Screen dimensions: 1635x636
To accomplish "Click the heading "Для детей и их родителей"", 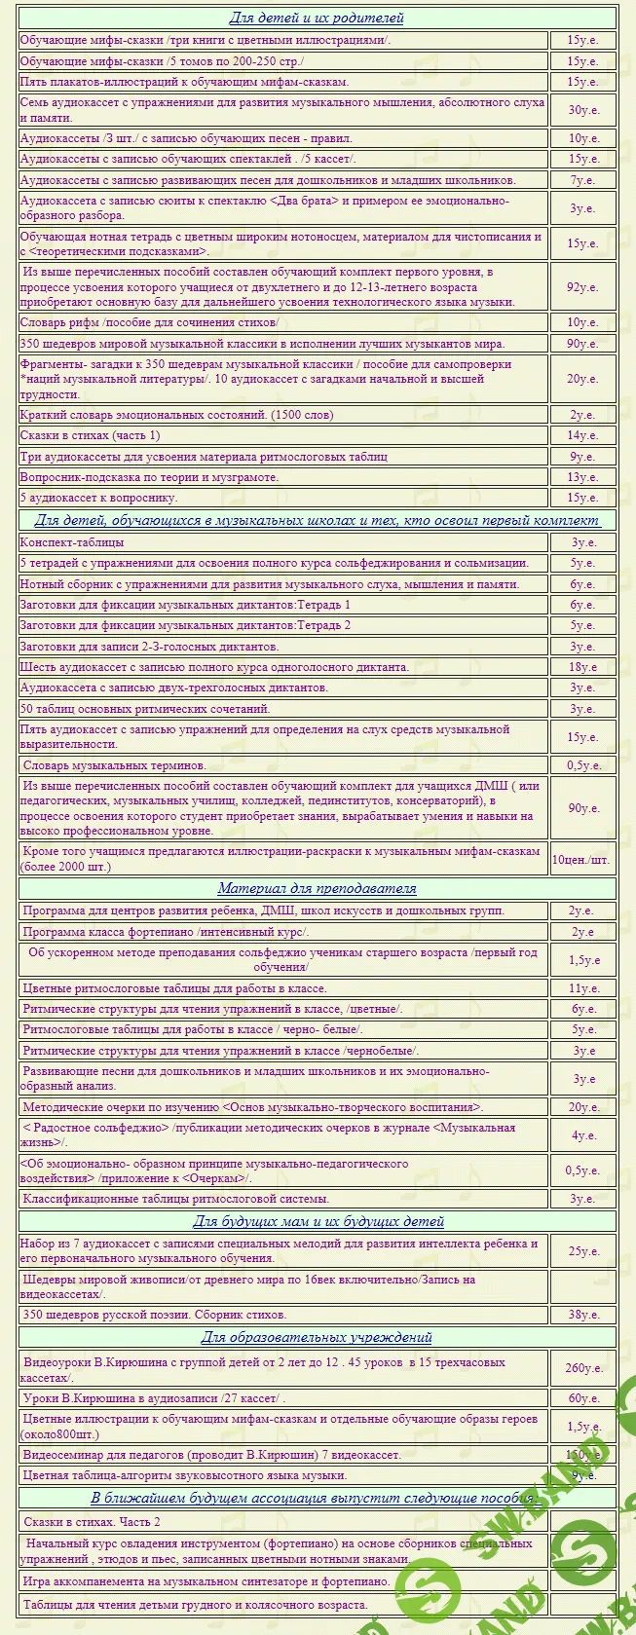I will click(317, 18).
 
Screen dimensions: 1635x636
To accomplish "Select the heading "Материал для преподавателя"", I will click(317, 888).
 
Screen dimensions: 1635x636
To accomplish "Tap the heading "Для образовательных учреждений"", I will click(317, 1337).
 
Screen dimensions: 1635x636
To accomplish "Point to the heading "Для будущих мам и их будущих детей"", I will click(318, 1221).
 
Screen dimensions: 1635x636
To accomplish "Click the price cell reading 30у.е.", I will click(582, 110).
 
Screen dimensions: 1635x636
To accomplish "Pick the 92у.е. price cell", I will click(582, 287).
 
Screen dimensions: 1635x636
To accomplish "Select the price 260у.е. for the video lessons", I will click(582, 1368).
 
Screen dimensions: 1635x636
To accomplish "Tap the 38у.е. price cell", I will click(582, 1315).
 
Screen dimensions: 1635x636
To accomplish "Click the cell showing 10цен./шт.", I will click(581, 859).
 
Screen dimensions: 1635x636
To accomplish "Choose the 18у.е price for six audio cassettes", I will click(582, 667).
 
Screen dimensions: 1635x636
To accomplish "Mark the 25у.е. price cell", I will click(582, 1251).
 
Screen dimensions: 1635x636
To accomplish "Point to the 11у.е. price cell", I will click(582, 988).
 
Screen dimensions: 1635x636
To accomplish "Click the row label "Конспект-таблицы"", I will click(72, 542).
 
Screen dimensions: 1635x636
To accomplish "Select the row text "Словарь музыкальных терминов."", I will click(114, 765).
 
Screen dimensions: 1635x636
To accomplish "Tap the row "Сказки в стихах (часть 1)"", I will click(91, 435).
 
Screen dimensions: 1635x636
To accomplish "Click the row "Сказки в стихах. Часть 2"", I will click(92, 1521).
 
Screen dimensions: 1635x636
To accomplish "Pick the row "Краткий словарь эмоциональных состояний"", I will click(176, 415).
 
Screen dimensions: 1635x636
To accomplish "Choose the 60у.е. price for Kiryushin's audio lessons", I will click(582, 1399).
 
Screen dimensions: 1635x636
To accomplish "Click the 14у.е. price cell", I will click(582, 435).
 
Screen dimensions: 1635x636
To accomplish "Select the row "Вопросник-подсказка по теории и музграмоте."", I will click(149, 477).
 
